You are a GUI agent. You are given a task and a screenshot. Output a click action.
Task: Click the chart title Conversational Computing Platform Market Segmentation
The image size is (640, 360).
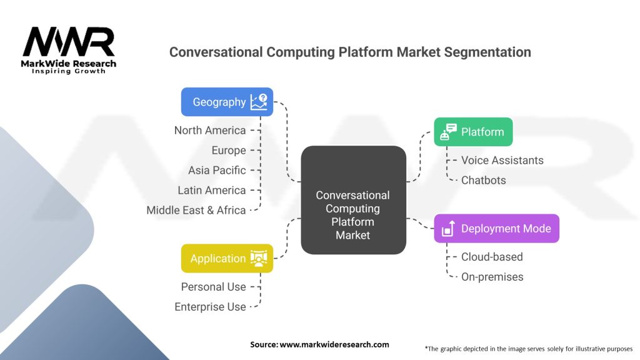click(350, 52)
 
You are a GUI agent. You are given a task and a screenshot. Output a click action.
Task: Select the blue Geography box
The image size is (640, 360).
click(227, 102)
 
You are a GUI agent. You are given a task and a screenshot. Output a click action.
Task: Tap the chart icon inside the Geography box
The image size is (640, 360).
click(258, 102)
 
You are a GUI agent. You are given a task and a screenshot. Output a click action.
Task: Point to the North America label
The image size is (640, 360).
click(210, 130)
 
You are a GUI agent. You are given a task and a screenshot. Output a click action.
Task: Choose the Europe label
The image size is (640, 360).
click(228, 150)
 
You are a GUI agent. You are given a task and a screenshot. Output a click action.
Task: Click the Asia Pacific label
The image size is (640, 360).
click(217, 170)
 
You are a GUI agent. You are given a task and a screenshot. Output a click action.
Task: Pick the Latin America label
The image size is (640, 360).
click(212, 190)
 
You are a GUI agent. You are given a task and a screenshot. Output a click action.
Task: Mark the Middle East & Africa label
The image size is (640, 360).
click(196, 210)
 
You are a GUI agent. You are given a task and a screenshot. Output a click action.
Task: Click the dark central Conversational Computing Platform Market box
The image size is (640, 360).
click(353, 200)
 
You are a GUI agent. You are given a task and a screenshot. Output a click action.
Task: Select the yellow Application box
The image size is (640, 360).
click(227, 258)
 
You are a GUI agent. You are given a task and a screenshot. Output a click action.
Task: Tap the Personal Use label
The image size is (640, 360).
click(214, 287)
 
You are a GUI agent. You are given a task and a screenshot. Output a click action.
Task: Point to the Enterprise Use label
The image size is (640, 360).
click(210, 307)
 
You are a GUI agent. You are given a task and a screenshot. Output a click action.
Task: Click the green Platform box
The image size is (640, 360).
click(473, 132)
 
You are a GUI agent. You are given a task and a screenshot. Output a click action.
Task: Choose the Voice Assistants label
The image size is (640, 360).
click(502, 160)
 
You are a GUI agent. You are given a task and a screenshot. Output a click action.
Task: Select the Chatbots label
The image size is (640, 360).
click(484, 180)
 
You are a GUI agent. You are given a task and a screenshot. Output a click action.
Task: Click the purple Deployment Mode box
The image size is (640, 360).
click(496, 229)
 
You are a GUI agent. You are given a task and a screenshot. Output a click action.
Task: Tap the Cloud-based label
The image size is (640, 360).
click(492, 257)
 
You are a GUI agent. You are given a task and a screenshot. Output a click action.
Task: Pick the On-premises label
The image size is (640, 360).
click(492, 277)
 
